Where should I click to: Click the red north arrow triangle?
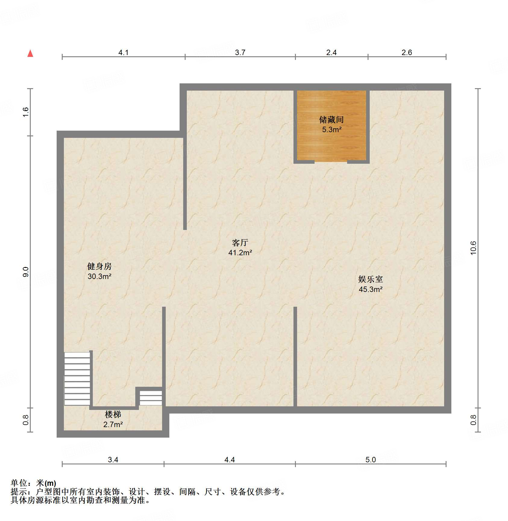coord(30,54)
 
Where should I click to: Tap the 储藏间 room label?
coord(331,120)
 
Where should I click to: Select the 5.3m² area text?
coord(331,130)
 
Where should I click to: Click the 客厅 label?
coord(240,243)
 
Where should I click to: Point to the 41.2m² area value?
coord(240,253)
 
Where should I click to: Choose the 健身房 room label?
coord(99,266)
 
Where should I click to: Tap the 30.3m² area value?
coord(99,276)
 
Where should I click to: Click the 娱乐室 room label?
coord(370,279)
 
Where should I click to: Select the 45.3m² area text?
coord(370,289)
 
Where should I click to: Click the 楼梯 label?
coord(113,414)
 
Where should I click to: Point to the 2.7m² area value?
coord(113,424)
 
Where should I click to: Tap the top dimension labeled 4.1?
coord(123,53)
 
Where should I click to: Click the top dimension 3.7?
coord(240,53)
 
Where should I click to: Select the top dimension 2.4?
coord(331,53)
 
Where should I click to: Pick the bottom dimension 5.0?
coord(370,460)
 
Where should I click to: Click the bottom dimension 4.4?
coord(229,460)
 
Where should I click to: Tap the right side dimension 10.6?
coord(473,248)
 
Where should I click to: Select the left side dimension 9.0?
coord(26,272)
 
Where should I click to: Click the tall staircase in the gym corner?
coord(77,379)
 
